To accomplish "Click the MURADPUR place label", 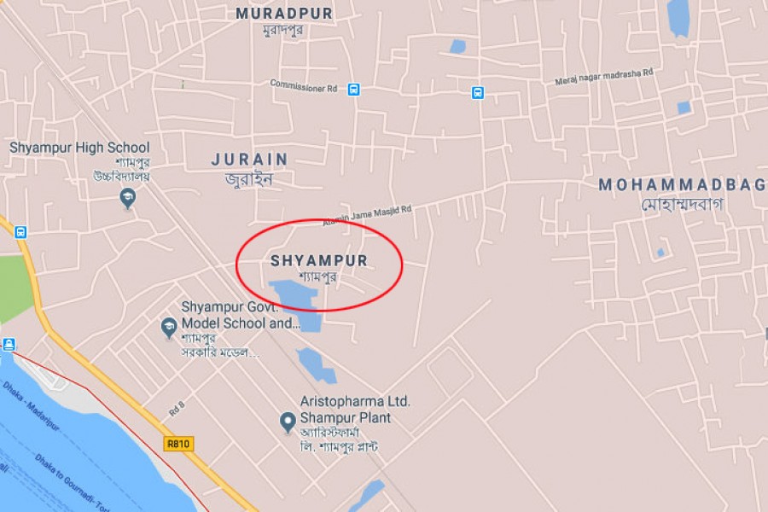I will point(284,14).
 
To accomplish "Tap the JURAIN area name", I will point(250,160).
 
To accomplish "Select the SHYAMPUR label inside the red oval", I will point(318,260).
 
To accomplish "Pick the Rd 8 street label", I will point(177,410).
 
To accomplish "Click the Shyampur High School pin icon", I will point(127,199).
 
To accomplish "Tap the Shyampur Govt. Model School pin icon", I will point(169,326).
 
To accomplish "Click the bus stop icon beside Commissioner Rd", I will point(353,89).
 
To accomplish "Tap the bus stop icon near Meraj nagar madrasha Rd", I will point(478,92).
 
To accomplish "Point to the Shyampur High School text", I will point(79,148).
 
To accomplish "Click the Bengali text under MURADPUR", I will point(283,31).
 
